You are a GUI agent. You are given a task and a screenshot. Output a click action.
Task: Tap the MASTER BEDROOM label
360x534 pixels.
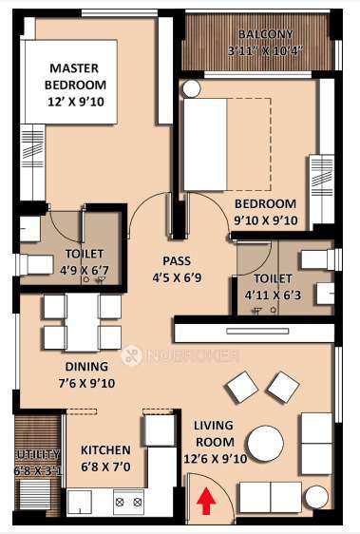point(75,77)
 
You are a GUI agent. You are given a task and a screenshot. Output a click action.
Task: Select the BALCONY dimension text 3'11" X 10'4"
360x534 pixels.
point(259,50)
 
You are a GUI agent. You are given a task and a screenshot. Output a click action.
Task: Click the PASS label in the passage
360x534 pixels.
point(177,261)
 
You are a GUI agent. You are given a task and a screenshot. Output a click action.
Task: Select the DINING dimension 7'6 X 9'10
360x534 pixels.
point(87,384)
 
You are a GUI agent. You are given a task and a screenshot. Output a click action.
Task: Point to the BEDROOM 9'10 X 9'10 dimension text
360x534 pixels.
point(265,220)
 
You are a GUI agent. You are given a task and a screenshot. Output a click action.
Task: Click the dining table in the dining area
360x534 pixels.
point(83,323)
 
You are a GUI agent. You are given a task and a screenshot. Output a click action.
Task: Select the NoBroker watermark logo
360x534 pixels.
point(180,356)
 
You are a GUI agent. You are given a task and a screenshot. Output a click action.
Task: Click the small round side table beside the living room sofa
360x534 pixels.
point(316,496)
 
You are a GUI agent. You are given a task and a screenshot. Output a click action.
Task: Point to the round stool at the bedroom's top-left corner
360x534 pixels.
point(191,89)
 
